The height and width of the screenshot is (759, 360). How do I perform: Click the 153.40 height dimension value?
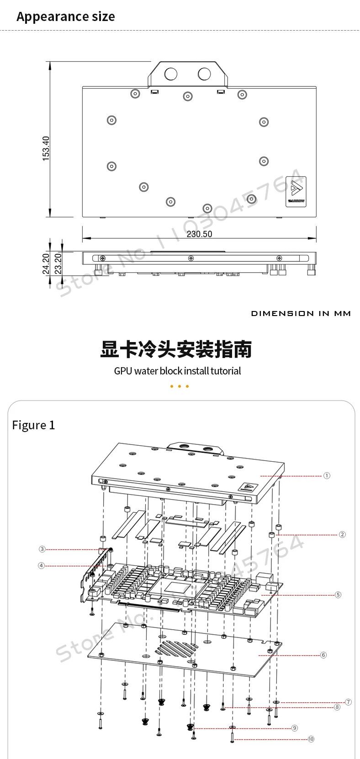coord(46,148)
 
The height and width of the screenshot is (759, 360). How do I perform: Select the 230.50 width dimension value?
coord(199,234)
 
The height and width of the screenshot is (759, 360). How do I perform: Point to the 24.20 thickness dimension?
coord(46,264)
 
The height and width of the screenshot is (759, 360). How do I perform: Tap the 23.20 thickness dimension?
coord(58,264)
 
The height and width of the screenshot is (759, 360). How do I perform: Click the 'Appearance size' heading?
coord(66,17)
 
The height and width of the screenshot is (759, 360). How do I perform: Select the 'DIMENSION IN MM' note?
coord(301,313)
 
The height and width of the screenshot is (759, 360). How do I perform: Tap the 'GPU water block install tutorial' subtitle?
coord(177,371)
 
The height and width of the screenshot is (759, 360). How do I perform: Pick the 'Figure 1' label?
coord(33,425)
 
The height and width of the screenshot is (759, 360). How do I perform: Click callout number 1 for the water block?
coord(327,476)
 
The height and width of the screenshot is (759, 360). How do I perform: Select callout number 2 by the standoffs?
coord(342,534)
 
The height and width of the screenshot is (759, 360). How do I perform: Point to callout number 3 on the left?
coord(42,549)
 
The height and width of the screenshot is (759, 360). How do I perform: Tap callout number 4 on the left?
coord(42,565)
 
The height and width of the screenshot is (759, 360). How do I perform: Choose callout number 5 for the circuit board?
coord(338,595)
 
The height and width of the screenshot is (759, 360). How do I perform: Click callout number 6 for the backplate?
coord(323,655)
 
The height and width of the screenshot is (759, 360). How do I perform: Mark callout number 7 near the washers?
coord(348,702)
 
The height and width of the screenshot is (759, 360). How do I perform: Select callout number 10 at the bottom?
coord(311,739)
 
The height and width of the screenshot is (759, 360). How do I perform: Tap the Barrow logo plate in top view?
coord(296,192)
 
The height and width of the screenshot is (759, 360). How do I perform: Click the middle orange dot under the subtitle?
coord(180,386)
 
